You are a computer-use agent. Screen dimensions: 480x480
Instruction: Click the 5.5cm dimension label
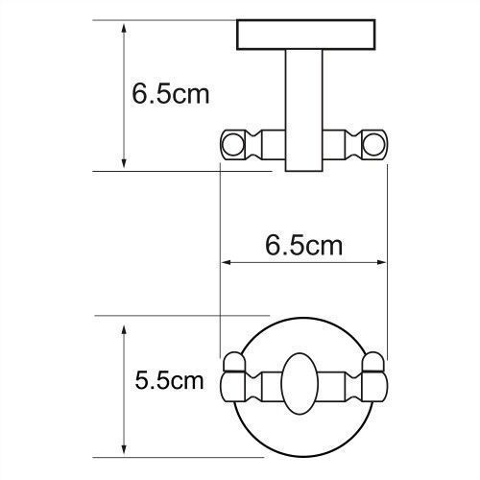168,380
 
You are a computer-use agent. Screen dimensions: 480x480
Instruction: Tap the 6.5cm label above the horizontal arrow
303,245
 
